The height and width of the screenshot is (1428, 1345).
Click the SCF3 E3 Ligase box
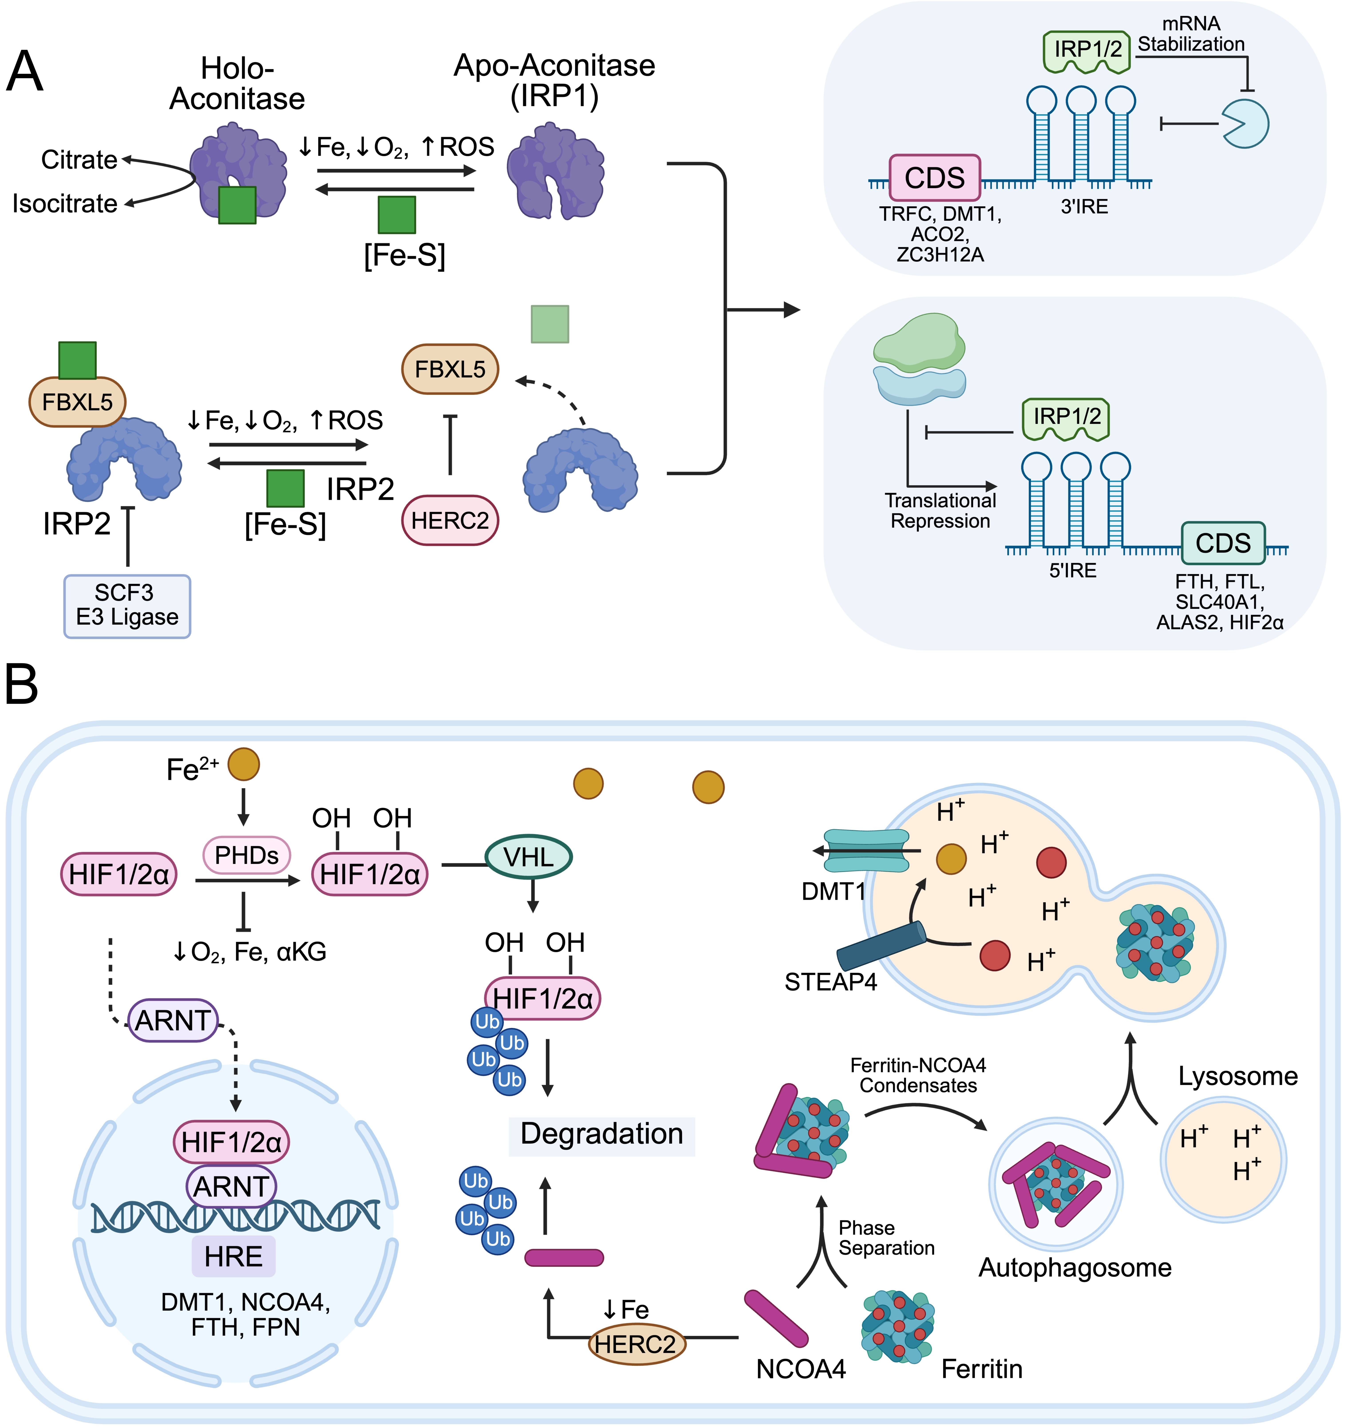click(127, 606)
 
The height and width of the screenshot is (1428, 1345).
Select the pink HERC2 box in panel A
click(450, 520)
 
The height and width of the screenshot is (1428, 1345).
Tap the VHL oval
click(529, 857)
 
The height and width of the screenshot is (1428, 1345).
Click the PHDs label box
click(247, 855)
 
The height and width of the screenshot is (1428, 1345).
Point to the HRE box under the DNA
click(233, 1256)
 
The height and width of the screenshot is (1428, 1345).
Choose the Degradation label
click(601, 1133)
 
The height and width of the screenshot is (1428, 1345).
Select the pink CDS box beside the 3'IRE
click(934, 177)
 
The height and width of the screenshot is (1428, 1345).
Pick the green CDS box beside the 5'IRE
click(1223, 543)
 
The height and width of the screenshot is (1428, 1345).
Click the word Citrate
click(79, 160)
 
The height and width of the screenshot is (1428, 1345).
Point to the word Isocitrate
click(65, 204)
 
